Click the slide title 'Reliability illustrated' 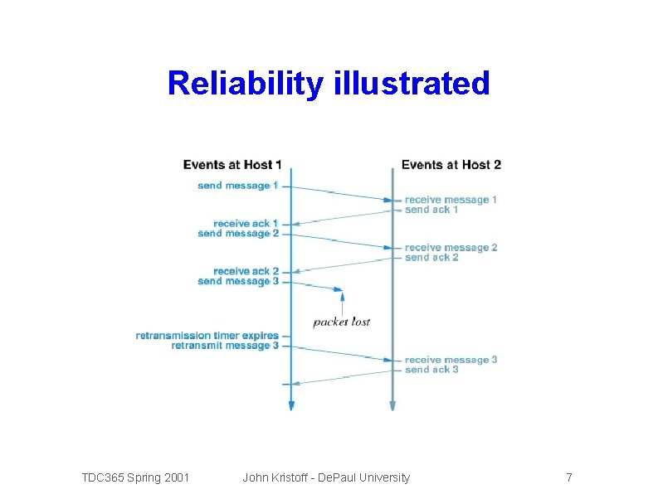pos(329,83)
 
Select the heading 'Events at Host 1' pos(232,165)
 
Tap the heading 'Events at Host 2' pos(451,165)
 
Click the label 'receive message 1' pos(451,200)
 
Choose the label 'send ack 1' pos(431,210)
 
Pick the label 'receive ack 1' pos(246,224)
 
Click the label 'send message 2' pos(238,234)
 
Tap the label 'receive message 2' pos(451,248)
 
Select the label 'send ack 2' pos(431,258)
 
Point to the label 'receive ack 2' pos(246,272)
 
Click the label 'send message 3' pos(238,282)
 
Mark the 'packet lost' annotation pos(341,322)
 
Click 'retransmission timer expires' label pos(207,336)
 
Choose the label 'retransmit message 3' pos(225,346)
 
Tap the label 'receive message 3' pos(451,360)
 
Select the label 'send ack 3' pos(431,370)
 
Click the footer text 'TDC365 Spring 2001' pos(135,477)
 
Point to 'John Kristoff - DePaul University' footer pos(326,477)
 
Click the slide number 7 pos(568,477)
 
